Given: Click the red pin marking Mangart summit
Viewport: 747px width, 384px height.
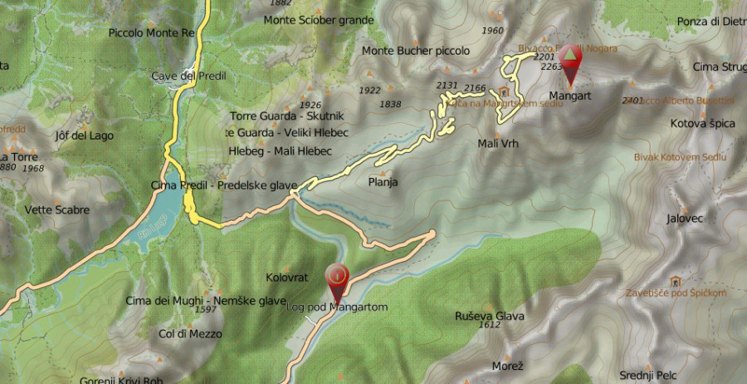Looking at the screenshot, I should (x=570, y=62).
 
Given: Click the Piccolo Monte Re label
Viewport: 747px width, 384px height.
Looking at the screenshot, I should (x=151, y=33).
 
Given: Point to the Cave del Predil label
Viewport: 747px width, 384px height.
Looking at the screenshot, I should (x=189, y=76).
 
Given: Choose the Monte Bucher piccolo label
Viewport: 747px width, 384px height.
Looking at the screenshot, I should (x=416, y=51).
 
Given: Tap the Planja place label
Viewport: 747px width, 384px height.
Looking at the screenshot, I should (x=383, y=182).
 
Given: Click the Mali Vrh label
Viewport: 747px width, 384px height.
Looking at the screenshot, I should (x=498, y=143).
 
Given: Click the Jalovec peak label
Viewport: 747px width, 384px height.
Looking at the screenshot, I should (x=685, y=219).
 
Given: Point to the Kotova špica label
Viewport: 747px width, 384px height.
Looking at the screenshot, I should (x=702, y=123).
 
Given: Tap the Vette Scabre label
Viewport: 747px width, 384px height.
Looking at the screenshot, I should (x=57, y=209).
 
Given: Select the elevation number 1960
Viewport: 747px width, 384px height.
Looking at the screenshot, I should (x=492, y=32).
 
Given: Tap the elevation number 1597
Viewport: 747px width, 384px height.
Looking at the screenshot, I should (x=206, y=310).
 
